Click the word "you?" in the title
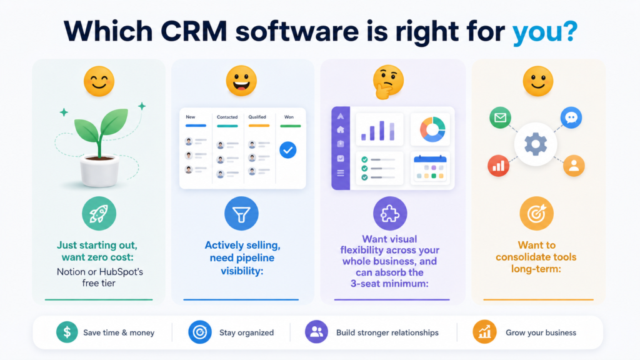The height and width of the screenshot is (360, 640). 544,32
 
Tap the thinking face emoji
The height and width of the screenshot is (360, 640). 388,82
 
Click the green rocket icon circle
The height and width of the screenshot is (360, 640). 99,214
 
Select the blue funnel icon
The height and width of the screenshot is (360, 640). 241,214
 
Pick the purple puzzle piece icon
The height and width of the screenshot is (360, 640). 390,214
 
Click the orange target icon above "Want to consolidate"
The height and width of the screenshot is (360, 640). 536,214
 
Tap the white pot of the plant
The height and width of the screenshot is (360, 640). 99,171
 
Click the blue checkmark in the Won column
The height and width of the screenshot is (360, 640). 287,150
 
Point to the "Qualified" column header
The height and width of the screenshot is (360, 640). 257,117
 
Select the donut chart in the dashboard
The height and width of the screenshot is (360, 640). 432,129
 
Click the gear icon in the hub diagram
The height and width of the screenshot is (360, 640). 536,144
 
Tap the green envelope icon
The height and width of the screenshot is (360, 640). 500,117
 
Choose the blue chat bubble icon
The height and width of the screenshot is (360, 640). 571,117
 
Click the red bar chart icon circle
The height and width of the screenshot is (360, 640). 498,166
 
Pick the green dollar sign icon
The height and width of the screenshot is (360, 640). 67,332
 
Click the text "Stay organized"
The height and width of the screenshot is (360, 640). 246,332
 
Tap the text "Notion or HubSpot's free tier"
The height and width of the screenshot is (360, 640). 99,277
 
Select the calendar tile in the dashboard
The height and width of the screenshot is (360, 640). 430,168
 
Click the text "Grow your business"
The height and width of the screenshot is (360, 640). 541,332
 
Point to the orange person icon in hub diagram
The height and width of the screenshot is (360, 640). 574,166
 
